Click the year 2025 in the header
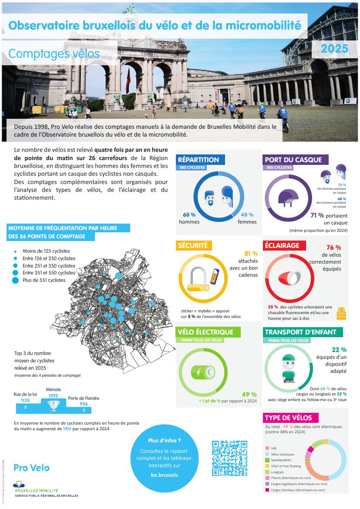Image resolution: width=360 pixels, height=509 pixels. [x=334, y=49]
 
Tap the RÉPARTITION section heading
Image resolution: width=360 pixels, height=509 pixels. [x=199, y=160]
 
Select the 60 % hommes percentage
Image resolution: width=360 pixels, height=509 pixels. [x=189, y=215]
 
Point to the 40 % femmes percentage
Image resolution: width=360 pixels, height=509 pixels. [x=247, y=215]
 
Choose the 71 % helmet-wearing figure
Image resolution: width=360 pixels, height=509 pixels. [x=317, y=215]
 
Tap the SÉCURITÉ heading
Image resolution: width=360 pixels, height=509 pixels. [x=192, y=245]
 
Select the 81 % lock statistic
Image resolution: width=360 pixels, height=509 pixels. [x=251, y=254]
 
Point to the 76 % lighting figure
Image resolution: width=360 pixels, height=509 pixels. [x=333, y=248]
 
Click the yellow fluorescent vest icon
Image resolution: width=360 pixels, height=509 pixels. [x=341, y=313]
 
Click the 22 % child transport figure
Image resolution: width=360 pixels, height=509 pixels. [x=339, y=349]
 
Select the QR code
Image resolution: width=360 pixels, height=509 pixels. [x=229, y=458]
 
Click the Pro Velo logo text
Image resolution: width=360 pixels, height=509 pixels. [x=31, y=468]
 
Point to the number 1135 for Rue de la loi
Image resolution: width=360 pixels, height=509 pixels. [x=25, y=400]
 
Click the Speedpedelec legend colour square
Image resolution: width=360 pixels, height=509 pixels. [x=267, y=460]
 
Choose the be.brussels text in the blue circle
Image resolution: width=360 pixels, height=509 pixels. [x=164, y=475]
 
